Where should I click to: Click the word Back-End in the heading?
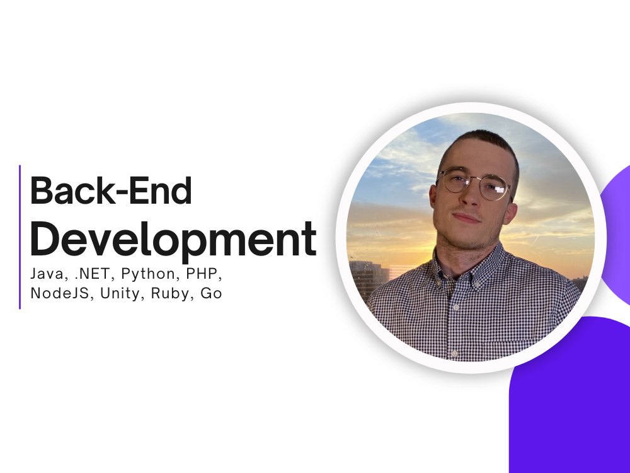click(111, 190)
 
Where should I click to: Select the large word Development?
click(174, 239)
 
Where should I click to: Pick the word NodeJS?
click(62, 293)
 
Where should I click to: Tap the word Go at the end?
click(211, 293)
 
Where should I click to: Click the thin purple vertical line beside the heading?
click(20, 237)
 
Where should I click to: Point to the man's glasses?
click(474, 184)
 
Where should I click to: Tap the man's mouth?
click(466, 218)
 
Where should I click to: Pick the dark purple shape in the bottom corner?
click(570, 395)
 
